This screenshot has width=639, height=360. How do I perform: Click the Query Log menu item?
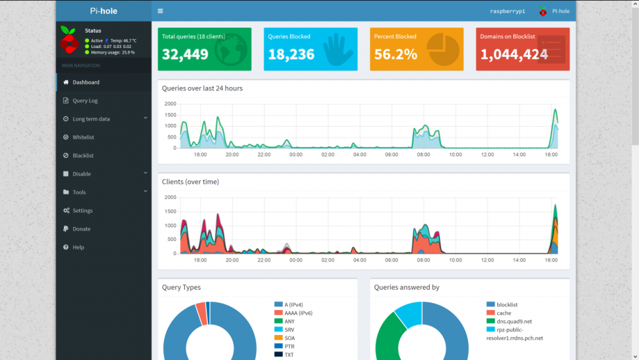click(x=85, y=100)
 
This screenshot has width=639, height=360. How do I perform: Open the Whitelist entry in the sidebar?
click(x=83, y=137)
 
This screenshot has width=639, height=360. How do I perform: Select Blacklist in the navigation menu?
click(x=83, y=155)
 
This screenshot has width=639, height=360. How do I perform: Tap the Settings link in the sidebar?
click(x=82, y=210)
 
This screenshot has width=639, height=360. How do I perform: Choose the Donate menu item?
click(x=81, y=229)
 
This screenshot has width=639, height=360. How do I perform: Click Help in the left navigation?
click(x=78, y=247)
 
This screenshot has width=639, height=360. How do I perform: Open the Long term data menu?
click(x=91, y=119)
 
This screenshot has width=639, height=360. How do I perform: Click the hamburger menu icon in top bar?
click(x=160, y=11)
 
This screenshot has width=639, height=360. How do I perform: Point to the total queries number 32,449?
click(x=185, y=55)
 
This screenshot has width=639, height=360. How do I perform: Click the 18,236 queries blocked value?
click(x=291, y=55)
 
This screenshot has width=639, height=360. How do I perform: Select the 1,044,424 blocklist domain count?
click(x=514, y=55)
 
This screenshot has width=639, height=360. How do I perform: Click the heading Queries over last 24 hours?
click(x=202, y=88)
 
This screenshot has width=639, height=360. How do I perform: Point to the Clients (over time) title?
click(x=190, y=182)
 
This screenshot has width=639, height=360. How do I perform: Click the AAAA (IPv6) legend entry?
click(x=298, y=313)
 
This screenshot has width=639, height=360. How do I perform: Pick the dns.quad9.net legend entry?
click(x=514, y=321)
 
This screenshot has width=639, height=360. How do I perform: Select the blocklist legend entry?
click(x=507, y=304)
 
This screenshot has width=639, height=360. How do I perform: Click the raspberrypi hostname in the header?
click(x=507, y=11)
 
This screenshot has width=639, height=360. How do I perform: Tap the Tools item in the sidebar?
click(x=79, y=192)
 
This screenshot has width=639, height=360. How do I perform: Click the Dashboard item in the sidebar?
click(x=86, y=82)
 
